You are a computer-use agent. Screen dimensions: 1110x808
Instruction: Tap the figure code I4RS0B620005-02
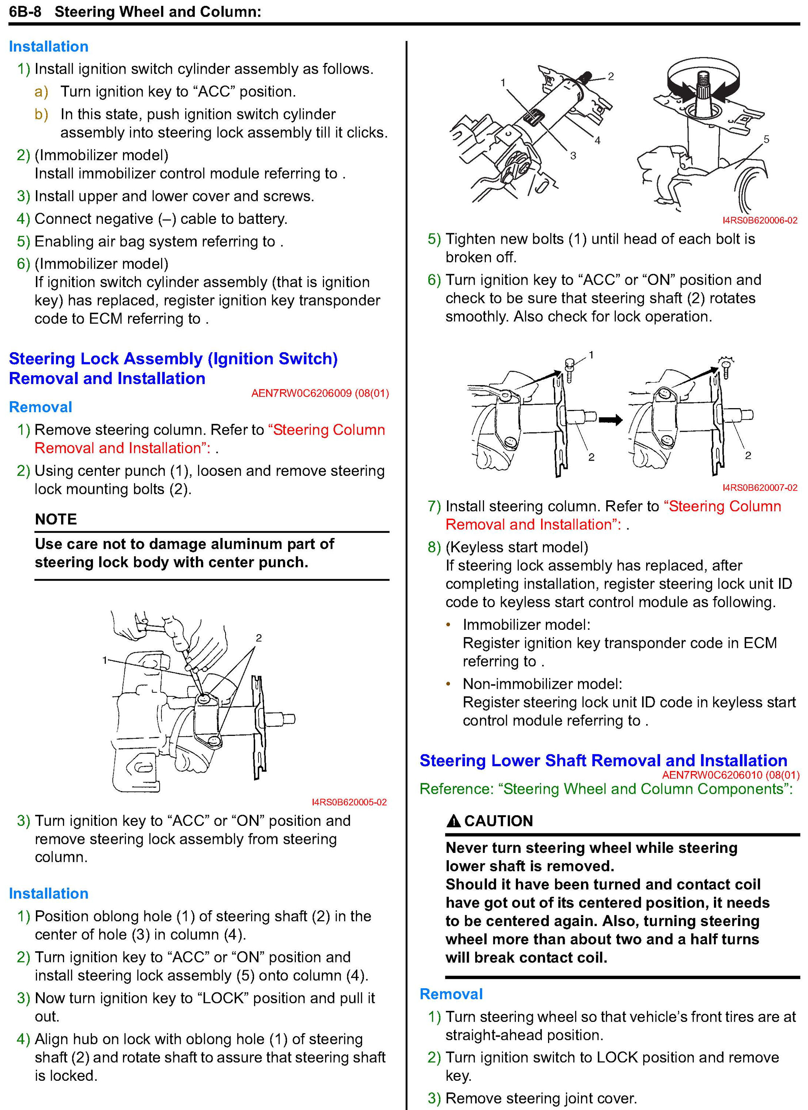349,802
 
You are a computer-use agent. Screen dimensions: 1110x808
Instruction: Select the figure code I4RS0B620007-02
759,488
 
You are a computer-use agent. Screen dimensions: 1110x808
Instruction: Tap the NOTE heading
56,519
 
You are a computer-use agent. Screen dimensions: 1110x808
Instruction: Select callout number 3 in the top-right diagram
573,156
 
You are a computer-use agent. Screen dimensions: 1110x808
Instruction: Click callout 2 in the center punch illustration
258,638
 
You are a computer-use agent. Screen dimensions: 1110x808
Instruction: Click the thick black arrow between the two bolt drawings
611,420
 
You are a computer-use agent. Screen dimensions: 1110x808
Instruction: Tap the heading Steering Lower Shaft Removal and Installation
603,761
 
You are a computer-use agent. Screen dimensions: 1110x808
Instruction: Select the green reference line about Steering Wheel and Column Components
606,789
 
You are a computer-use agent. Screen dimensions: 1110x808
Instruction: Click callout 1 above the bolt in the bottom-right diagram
591,355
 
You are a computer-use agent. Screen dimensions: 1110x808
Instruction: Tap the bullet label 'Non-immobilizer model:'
542,684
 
